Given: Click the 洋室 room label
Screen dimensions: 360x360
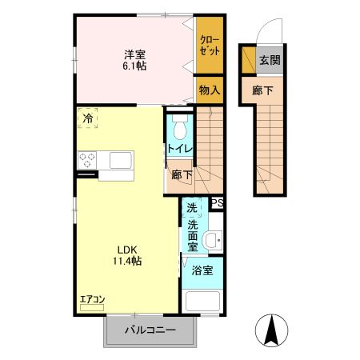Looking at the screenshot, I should (134, 54).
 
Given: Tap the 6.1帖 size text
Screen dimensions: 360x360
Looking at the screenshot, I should (134, 67).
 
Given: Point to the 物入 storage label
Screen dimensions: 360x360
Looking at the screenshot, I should (209, 91).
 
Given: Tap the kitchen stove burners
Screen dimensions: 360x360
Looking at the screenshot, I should (86, 159).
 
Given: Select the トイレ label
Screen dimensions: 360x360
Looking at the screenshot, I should (178, 149).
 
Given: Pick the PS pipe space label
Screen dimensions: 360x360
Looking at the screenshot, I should (217, 203).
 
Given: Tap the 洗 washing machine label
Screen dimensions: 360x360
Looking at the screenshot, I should (191, 209).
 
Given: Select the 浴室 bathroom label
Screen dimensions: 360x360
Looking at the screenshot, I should (202, 272).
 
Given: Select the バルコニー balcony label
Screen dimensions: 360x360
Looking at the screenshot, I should (150, 330).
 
